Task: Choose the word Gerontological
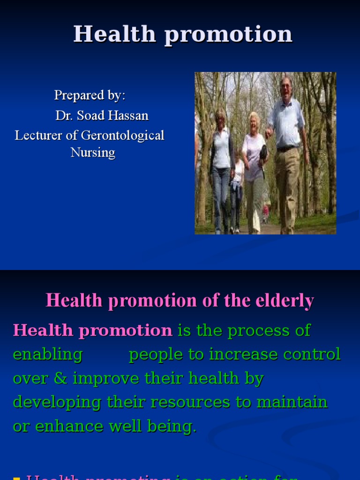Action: coord(123,135)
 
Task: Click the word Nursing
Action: coord(93,152)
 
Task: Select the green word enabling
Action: coord(47,354)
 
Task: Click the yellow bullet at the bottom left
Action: coord(17,478)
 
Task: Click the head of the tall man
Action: coord(285,86)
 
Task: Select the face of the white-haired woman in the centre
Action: coord(254,123)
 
